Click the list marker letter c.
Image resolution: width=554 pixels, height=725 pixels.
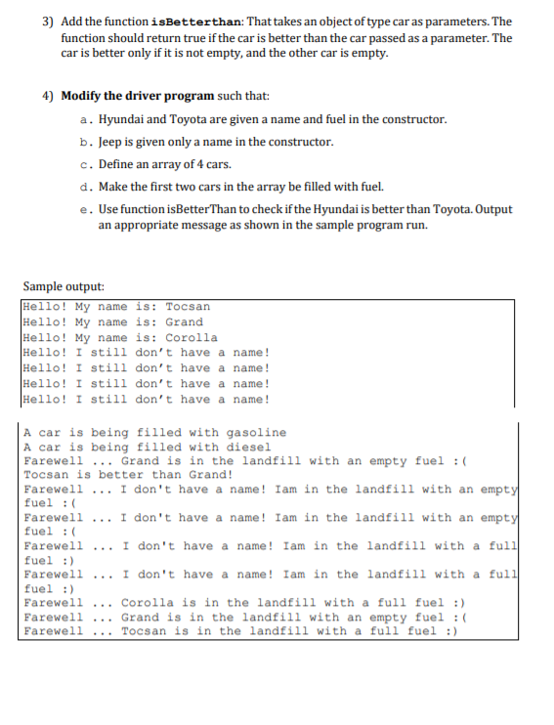[x=87, y=164]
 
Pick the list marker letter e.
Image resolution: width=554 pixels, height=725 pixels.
[x=87, y=209]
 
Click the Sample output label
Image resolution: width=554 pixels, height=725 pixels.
[x=62, y=286]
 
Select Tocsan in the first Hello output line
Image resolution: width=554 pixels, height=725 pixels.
[x=188, y=307]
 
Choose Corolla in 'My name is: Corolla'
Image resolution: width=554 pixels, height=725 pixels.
[x=192, y=337]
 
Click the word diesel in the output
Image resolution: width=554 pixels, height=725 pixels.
[x=248, y=447]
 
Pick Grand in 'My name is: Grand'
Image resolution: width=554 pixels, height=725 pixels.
[x=184, y=322]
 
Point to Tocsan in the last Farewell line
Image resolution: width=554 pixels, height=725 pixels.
[x=146, y=631]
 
